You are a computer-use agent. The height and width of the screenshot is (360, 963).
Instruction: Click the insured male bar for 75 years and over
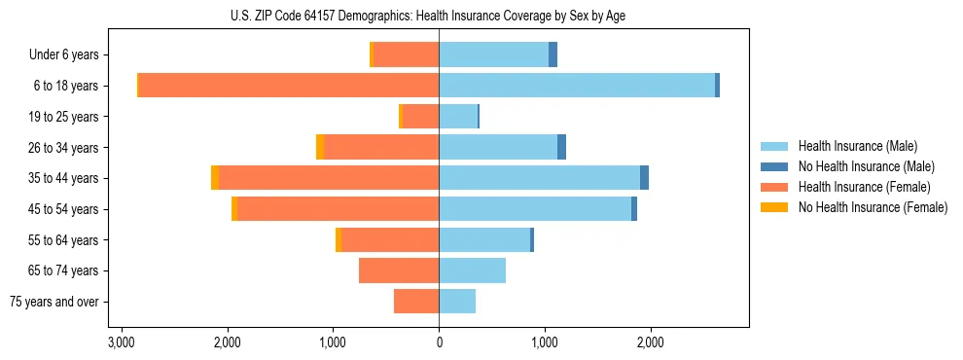(x=457, y=302)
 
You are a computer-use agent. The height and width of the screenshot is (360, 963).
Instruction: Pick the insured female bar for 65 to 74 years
(x=399, y=270)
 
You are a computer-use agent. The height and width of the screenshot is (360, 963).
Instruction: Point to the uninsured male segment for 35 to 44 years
(x=644, y=178)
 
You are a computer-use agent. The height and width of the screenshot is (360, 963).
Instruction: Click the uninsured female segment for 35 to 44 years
(x=215, y=178)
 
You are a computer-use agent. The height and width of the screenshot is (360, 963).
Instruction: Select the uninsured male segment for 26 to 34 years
(x=561, y=147)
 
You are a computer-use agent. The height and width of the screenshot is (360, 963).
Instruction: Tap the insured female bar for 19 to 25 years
(x=420, y=116)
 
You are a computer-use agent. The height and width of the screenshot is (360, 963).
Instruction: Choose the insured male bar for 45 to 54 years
(x=535, y=209)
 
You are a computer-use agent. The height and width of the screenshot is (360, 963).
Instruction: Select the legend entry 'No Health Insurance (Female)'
(x=873, y=207)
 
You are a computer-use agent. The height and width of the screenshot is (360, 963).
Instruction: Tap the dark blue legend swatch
(x=774, y=166)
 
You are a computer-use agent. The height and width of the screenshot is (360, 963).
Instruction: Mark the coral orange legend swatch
(x=774, y=187)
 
